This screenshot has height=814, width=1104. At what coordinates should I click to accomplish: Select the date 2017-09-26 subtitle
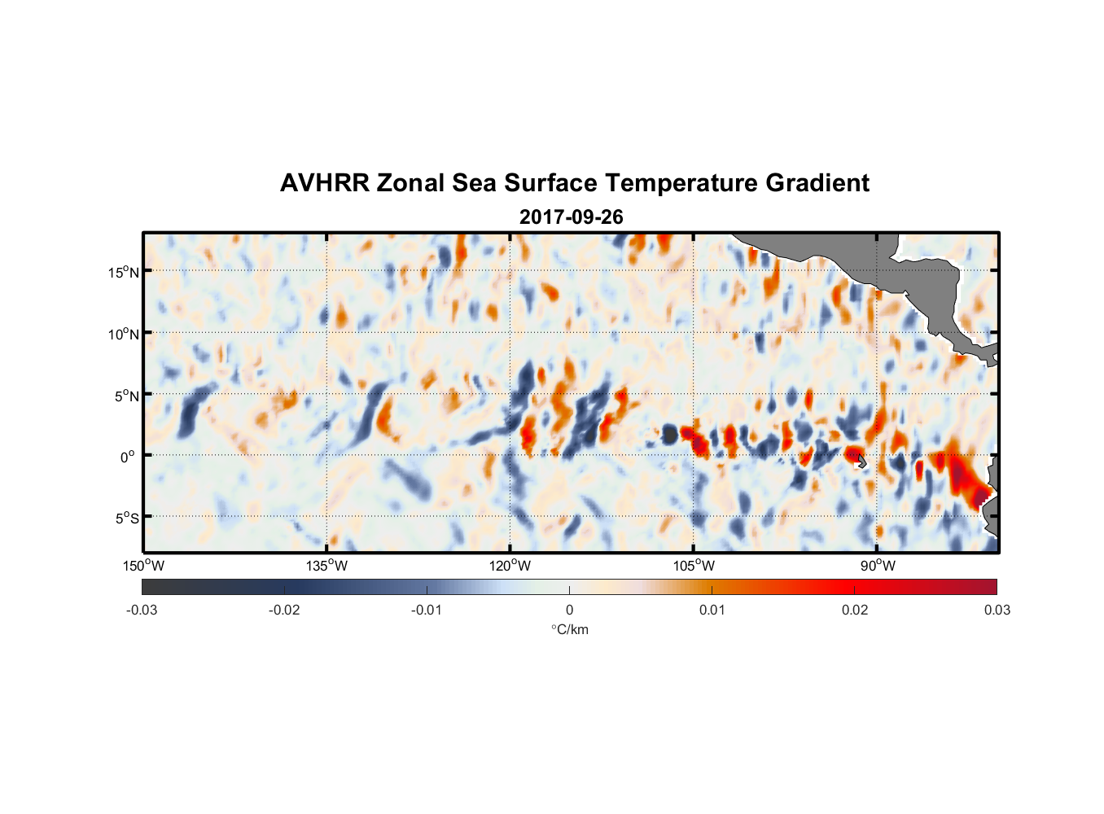[571, 217]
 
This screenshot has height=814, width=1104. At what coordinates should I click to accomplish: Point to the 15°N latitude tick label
[124, 272]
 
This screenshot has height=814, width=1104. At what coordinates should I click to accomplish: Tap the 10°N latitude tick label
[124, 334]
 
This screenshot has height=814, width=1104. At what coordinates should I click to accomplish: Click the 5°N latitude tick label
[126, 396]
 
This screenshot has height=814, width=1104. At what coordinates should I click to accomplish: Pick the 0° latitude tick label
[128, 457]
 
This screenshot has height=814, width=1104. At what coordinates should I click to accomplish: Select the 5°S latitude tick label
[126, 519]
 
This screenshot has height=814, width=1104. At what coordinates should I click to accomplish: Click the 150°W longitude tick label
[143, 566]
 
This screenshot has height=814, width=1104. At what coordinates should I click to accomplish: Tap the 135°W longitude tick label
[327, 566]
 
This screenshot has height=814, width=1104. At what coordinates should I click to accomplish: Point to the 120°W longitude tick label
[510, 566]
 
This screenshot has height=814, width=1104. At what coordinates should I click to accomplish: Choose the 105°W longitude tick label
[694, 566]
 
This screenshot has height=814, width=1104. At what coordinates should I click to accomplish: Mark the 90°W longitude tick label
[877, 566]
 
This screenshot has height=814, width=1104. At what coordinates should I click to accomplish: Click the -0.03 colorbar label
[142, 610]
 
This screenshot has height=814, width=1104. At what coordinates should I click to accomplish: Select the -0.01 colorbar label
[427, 610]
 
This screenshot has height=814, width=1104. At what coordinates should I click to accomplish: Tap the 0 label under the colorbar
[569, 610]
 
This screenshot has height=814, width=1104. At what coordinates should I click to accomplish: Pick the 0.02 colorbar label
[855, 610]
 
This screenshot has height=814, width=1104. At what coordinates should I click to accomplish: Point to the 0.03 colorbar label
[997, 610]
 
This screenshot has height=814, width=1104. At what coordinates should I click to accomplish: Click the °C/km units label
[569, 629]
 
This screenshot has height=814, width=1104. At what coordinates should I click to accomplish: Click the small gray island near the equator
[861, 462]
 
